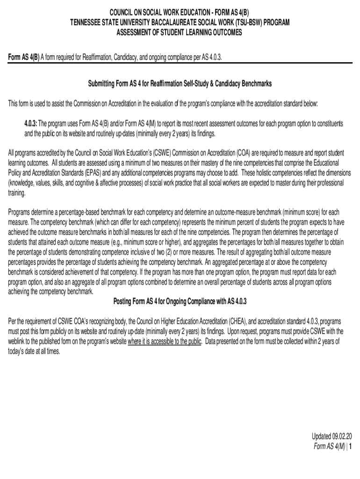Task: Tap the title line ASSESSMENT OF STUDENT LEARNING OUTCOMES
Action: (180, 32)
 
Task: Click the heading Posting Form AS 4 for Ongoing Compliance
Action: (180, 301)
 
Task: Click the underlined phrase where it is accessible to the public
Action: (165, 341)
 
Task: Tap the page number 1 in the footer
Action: (350, 446)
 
